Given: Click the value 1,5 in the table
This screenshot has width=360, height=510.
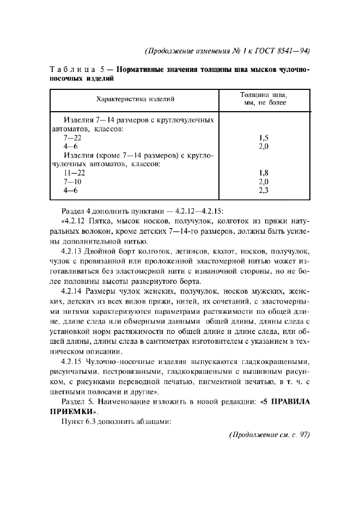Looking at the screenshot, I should click(264, 139).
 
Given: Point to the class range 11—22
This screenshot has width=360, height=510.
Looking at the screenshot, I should click(74, 173).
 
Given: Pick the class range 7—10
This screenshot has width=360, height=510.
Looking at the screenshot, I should click(72, 181).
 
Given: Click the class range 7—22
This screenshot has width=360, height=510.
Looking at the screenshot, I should click(72, 139).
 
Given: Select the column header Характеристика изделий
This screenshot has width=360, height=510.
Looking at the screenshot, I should click(135, 100).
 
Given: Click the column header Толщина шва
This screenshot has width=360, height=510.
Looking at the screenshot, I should click(264, 95).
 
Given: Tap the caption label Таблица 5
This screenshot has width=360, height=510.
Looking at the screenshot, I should click(75, 70).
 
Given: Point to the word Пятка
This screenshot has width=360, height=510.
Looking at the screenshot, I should click(99, 222).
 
